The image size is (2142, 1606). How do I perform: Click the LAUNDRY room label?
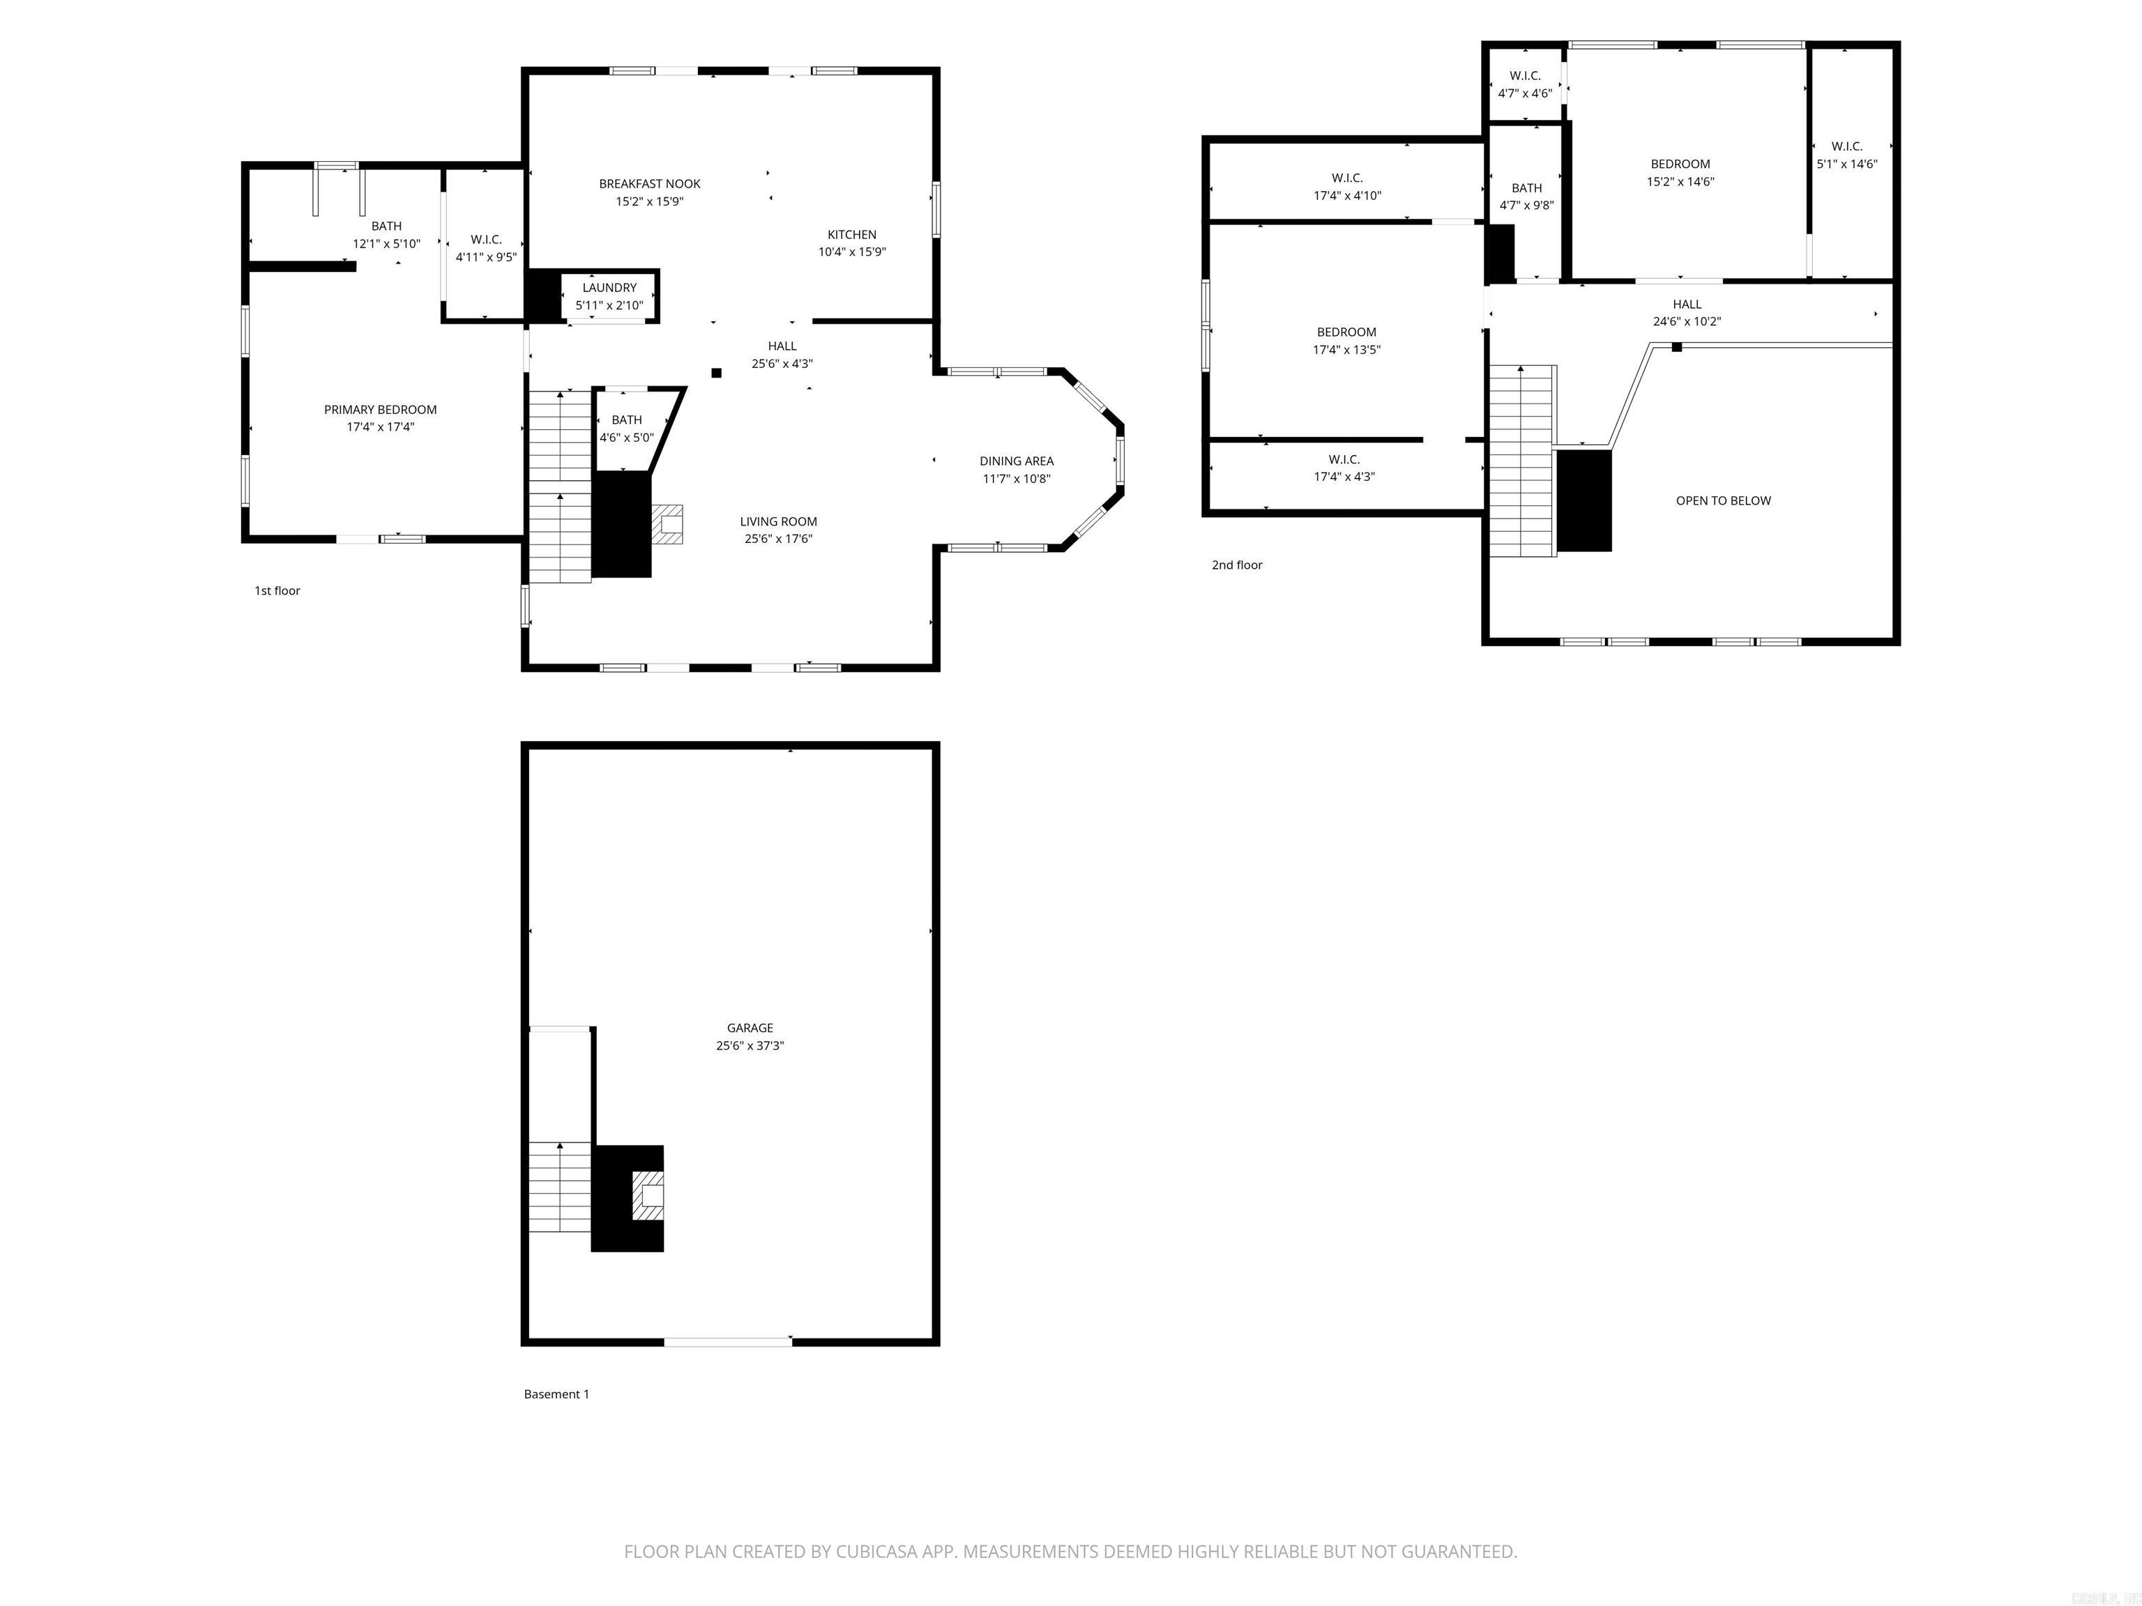(x=609, y=287)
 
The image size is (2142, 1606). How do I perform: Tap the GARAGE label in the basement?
(x=750, y=1028)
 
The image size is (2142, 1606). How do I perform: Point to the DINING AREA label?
(x=1016, y=461)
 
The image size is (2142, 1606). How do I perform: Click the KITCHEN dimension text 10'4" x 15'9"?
(x=851, y=252)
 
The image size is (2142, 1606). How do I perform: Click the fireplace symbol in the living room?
(x=667, y=525)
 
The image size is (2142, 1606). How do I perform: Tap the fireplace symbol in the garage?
(x=648, y=1197)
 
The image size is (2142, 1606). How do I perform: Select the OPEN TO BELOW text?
(x=1723, y=500)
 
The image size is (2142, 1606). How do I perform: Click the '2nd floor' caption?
(x=1236, y=565)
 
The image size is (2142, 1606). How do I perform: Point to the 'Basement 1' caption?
(x=556, y=1394)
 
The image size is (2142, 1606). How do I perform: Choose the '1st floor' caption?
(x=277, y=590)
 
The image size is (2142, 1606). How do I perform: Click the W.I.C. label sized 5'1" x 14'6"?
(x=1846, y=147)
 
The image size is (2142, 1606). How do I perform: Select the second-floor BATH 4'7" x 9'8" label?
(x=1526, y=188)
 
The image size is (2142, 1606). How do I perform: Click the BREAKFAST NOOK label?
(x=648, y=184)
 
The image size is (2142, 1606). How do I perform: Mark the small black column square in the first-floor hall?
(x=717, y=373)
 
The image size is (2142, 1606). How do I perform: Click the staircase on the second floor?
(x=1521, y=461)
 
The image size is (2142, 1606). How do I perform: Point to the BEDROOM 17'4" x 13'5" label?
(x=1346, y=332)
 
